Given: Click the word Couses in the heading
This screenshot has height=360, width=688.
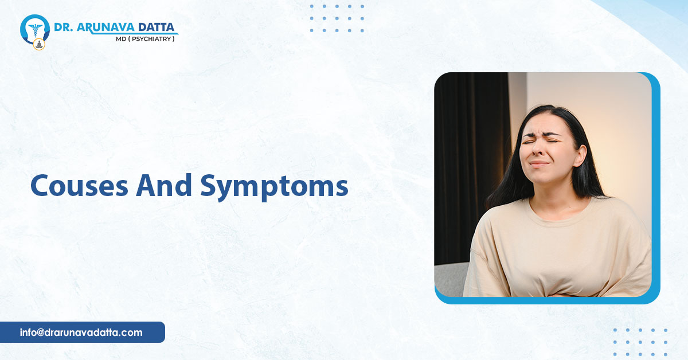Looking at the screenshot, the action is coord(79,186).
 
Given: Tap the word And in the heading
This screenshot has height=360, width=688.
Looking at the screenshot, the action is coord(164,185).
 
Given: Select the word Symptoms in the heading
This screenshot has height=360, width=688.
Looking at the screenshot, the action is coord(274,187).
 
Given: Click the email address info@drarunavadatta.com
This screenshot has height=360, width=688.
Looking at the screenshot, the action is coord(81,332).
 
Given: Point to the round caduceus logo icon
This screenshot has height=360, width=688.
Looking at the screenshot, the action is coord(35,29).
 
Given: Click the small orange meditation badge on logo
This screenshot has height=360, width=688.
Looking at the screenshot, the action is coord(39,45).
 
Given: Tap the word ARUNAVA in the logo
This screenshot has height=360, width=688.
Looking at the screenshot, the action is coord(105,28).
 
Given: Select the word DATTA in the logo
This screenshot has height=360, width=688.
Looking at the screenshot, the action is coord(157,28).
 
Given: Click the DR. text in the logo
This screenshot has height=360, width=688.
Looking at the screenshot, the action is coord(63,28).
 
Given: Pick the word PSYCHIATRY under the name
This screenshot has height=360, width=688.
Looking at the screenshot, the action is coord(151,39).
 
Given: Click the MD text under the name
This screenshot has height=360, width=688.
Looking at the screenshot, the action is coord(121,39).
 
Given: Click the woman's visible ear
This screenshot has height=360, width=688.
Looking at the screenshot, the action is coord(579,155).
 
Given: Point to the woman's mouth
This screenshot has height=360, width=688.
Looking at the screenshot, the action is coord(540,163).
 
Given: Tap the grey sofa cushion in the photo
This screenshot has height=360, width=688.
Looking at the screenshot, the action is coord(450,280).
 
